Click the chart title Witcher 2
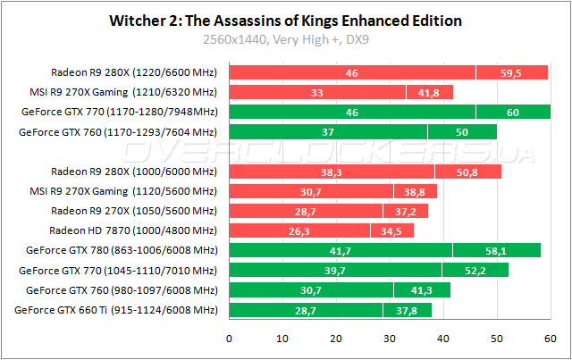(285, 21)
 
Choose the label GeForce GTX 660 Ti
(116, 310)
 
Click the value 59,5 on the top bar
(512, 72)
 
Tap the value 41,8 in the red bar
(430, 92)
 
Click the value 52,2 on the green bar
(475, 270)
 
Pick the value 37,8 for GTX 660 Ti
(408, 310)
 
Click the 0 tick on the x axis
(230, 339)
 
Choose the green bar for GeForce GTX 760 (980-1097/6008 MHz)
(340, 289)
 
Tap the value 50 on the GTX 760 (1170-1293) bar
(461, 131)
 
